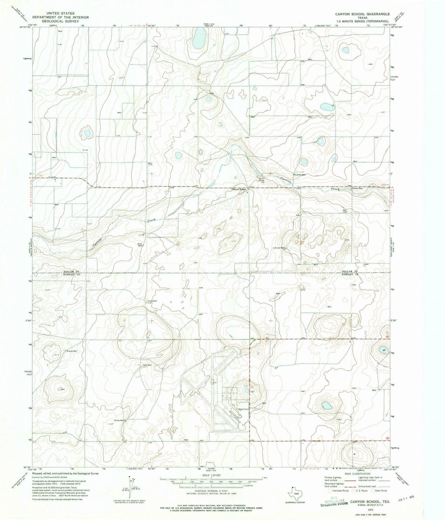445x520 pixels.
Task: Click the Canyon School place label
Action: pyautogui.click(x=238, y=189)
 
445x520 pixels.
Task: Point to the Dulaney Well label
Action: pyautogui.click(x=300, y=175)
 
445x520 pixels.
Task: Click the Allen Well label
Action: pyautogui.click(x=140, y=244)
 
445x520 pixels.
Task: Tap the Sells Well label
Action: pyautogui.click(x=147, y=365)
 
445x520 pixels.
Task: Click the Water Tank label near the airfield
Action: pyautogui.click(x=243, y=409)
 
